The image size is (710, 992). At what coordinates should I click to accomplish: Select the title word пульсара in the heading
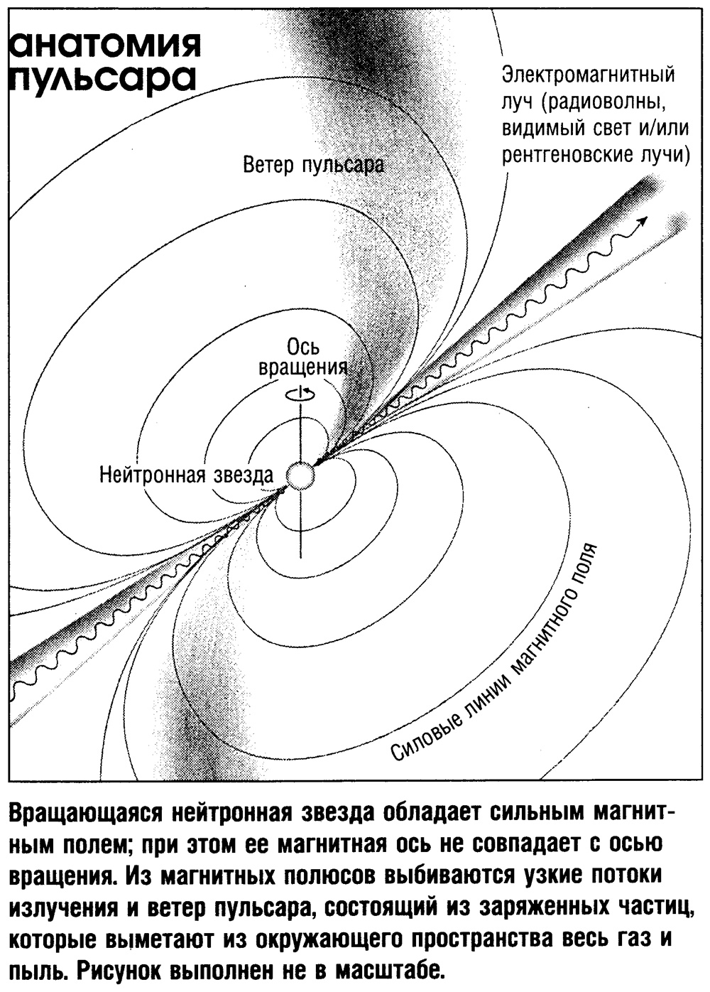pyautogui.click(x=102, y=80)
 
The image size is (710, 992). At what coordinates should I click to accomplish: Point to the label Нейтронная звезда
pyautogui.click(x=186, y=475)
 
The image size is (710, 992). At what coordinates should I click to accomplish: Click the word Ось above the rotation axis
pyautogui.click(x=302, y=347)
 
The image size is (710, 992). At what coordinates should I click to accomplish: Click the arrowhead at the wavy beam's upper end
pyautogui.click(x=643, y=221)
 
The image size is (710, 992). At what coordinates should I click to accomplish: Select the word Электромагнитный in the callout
pyautogui.click(x=589, y=75)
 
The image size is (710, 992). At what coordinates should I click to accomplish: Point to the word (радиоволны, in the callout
pyautogui.click(x=603, y=103)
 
